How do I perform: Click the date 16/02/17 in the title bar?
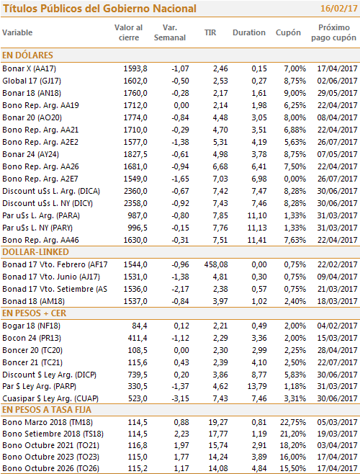coord(339,9)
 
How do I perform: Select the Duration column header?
coord(249,32)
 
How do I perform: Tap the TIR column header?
coord(210,32)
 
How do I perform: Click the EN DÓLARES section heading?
coord(27,55)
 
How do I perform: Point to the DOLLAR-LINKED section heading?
coord(35,252)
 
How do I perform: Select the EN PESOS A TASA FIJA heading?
coord(47,410)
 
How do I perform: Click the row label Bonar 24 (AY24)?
coord(30,154)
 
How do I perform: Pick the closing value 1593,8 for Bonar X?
coord(135,68)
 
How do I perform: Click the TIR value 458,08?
coord(216,265)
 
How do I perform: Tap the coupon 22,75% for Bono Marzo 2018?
coord(293,422)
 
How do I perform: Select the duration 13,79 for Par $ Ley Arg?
coord(257,386)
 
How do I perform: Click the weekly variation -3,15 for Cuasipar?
coord(180,399)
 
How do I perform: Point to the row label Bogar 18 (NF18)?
coord(32,326)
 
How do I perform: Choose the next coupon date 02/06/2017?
coord(338,81)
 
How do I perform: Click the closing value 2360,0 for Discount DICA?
coord(135,191)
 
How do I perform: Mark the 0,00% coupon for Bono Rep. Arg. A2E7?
coord(294,179)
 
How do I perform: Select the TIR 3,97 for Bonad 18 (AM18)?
coord(220,301)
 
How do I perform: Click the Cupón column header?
coord(288,32)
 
